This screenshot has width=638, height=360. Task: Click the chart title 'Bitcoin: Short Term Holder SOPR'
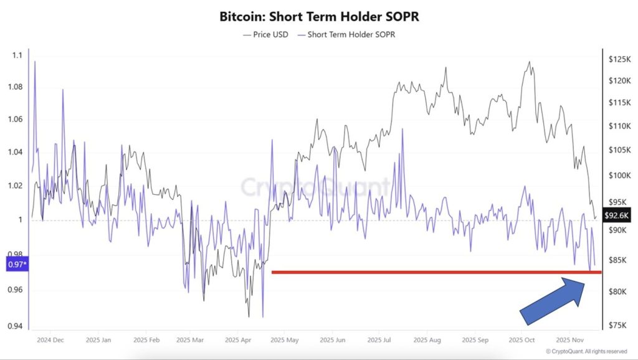click(x=319, y=17)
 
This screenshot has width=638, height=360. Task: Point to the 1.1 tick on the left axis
click(x=17, y=55)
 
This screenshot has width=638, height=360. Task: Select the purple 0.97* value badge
click(x=17, y=265)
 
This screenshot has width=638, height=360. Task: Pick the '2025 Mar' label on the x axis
click(x=190, y=341)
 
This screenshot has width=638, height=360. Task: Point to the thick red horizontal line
click(x=436, y=272)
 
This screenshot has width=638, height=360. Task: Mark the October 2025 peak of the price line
click(x=530, y=62)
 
